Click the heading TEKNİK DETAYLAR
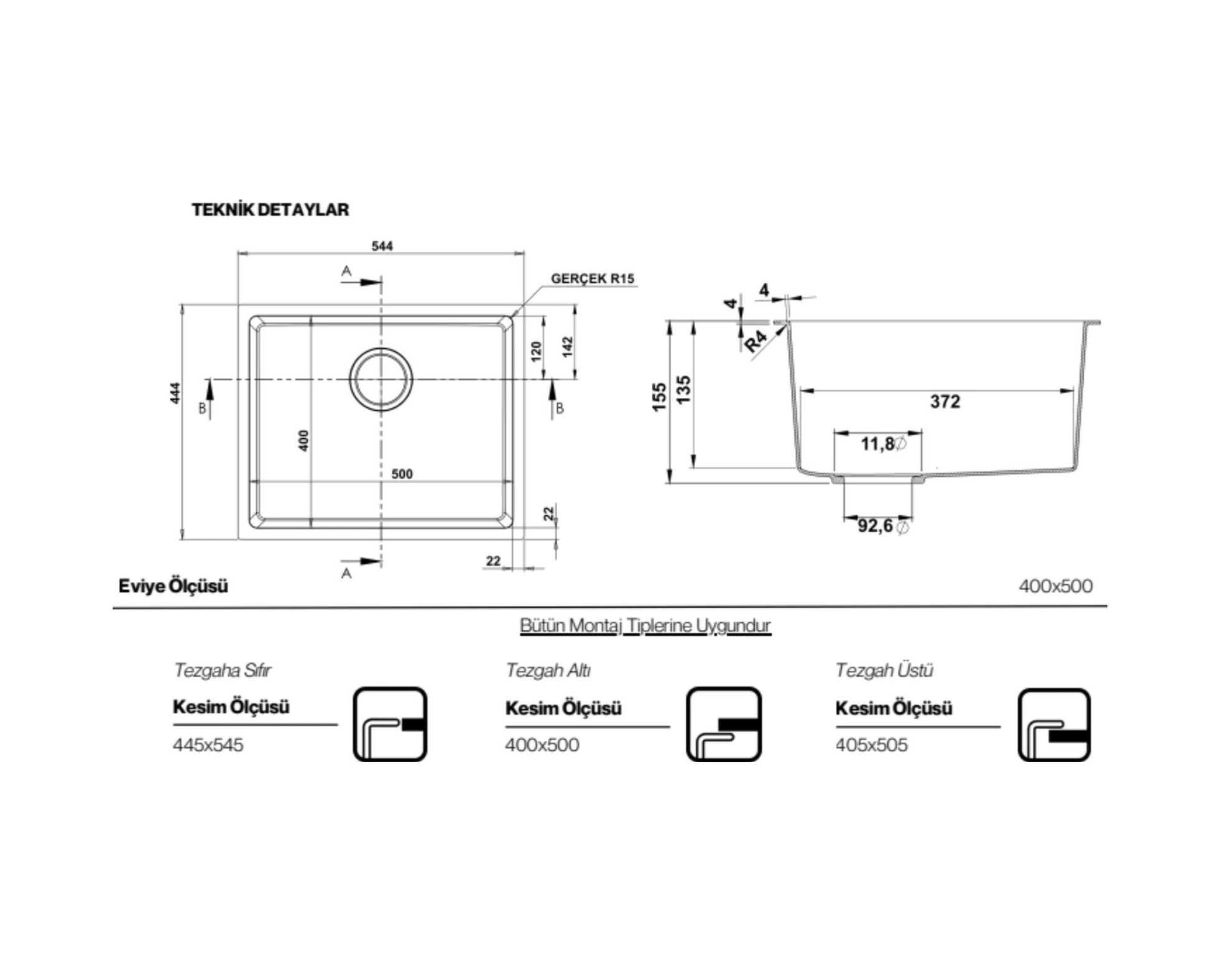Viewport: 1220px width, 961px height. (270, 209)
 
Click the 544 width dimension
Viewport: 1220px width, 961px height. (382, 246)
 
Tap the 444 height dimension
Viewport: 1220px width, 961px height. (175, 393)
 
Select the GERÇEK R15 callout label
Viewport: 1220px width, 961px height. (592, 278)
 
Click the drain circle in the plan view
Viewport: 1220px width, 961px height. (381, 379)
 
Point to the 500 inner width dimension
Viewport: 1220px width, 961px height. (402, 474)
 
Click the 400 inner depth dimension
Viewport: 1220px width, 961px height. (303, 440)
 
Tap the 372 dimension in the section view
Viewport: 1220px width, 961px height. (945, 402)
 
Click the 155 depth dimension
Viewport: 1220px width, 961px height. (659, 397)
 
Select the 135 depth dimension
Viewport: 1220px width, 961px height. (683, 390)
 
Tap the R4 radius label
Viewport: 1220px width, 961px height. (756, 341)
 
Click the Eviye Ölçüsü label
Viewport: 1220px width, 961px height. (173, 586)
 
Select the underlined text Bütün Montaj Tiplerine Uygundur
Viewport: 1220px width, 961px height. (645, 625)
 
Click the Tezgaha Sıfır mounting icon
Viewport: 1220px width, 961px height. (390, 724)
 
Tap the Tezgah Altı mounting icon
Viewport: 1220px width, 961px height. (723, 724)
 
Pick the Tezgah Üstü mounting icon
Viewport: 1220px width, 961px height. (1054, 725)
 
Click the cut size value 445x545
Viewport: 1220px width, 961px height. (208, 745)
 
